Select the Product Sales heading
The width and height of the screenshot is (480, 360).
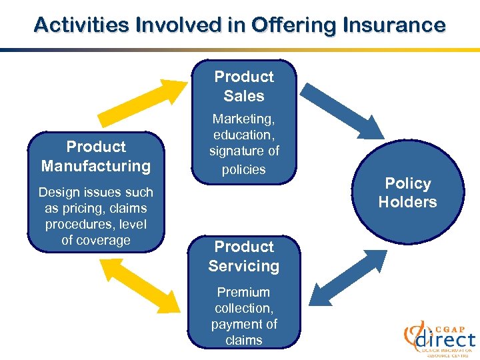click(244, 87)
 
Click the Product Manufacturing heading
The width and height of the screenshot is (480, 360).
click(96, 157)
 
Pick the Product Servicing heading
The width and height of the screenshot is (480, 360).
click(244, 257)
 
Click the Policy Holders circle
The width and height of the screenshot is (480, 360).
click(407, 193)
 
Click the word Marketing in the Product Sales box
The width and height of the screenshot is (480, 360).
click(243, 119)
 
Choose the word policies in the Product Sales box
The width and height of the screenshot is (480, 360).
click(243, 169)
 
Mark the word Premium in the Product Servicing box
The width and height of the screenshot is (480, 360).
click(243, 292)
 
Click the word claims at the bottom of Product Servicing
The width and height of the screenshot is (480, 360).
click(243, 340)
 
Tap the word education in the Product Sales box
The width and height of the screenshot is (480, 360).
click(243, 135)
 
